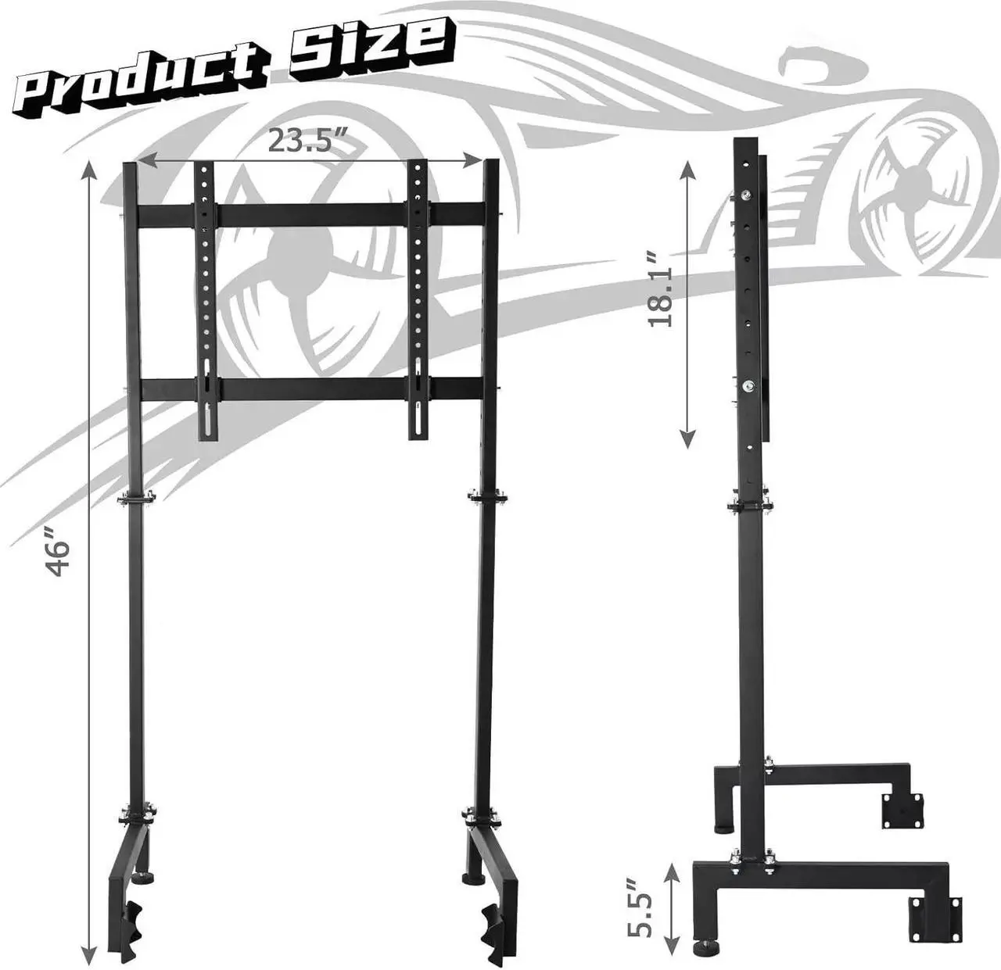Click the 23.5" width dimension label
[x=307, y=140]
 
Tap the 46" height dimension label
[x=59, y=551]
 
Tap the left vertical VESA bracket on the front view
[x=204, y=301]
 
